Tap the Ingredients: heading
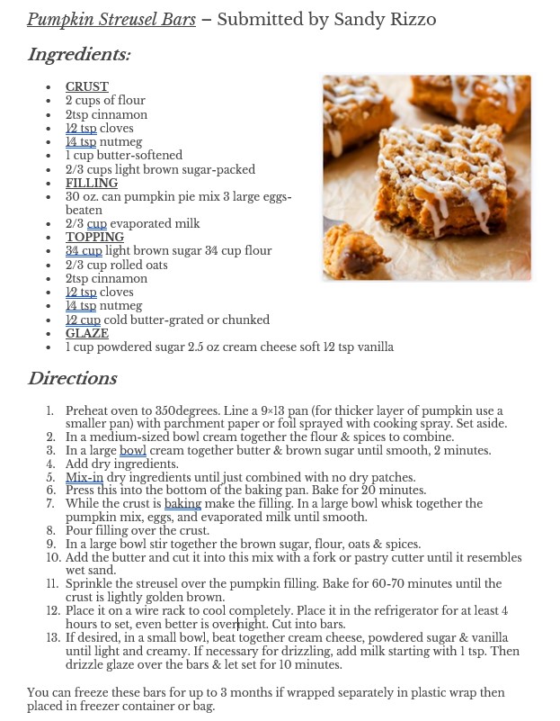point(79,55)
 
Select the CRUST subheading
point(86,86)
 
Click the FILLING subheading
point(92,183)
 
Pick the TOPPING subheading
point(94,237)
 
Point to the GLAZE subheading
point(86,333)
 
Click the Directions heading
point(72,378)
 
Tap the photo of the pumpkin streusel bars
point(427,177)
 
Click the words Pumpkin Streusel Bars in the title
point(111,19)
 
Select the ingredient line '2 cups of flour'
point(104,100)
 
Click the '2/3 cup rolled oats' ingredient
point(116,265)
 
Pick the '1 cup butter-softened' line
point(123,155)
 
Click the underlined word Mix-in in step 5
point(84,477)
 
